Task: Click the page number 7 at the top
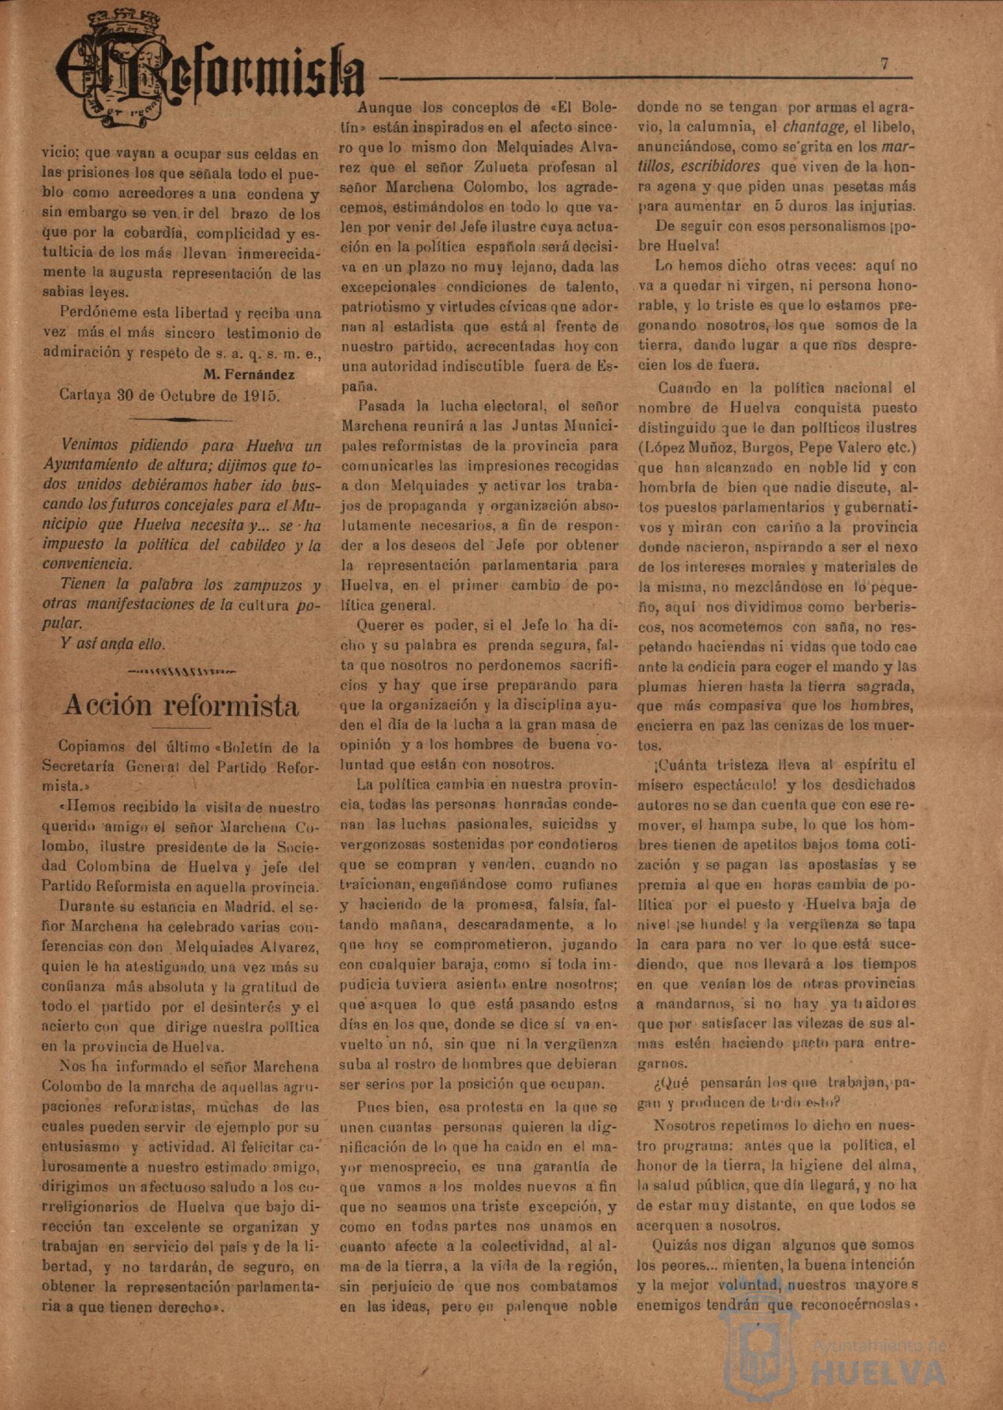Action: pyautogui.click(x=884, y=63)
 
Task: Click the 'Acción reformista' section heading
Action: pyautogui.click(x=181, y=706)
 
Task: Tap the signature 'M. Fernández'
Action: pyautogui.click(x=249, y=375)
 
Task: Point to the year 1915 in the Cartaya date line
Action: pyautogui.click(x=260, y=396)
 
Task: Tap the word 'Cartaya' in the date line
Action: pyautogui.click(x=85, y=396)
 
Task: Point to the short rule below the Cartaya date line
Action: pyautogui.click(x=180, y=419)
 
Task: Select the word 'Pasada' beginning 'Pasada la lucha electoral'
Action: pyautogui.click(x=380, y=406)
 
